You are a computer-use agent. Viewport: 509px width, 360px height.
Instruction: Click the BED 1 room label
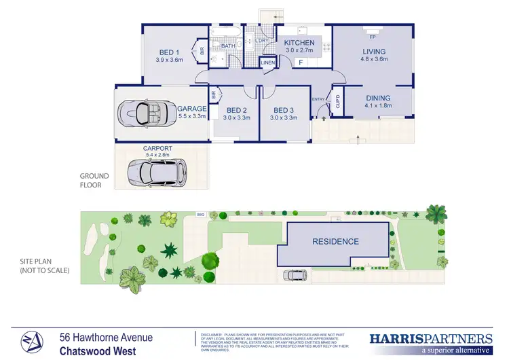tap(169, 52)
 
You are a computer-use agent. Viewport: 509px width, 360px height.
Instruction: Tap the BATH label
tap(227, 46)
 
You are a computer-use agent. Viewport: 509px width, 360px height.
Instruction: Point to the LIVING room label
tap(373, 52)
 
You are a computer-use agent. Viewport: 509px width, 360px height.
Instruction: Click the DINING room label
tap(378, 98)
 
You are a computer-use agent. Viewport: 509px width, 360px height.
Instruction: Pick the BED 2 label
tap(236, 110)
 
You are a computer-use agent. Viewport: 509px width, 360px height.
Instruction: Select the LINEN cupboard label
tap(268, 63)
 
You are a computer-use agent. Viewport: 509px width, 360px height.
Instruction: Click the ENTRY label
tap(319, 100)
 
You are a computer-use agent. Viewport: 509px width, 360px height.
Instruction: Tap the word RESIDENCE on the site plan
tap(335, 241)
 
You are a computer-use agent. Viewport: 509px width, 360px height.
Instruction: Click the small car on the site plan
tap(295, 275)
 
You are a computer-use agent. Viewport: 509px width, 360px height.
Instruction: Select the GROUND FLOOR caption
tap(95, 179)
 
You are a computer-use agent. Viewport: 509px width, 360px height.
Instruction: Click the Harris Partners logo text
tap(430, 338)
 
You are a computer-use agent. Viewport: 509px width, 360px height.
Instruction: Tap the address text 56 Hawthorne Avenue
tap(105, 338)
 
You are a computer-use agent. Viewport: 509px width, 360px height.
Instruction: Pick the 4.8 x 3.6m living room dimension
tap(373, 60)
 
